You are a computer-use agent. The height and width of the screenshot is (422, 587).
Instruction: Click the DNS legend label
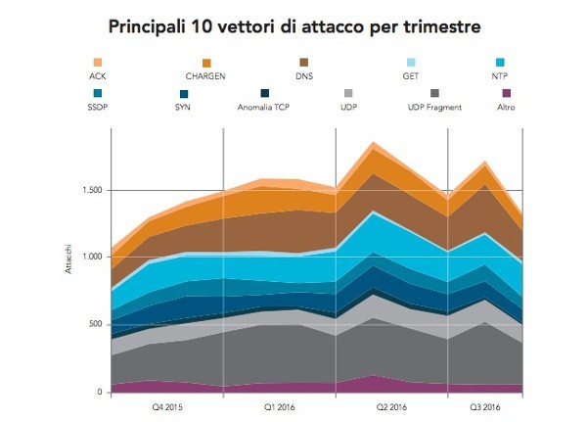click(303, 74)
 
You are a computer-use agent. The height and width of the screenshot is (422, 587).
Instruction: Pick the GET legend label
click(410, 74)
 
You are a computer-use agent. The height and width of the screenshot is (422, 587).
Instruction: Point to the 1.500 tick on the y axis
click(93, 190)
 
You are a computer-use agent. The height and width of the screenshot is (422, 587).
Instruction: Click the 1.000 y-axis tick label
click(93, 258)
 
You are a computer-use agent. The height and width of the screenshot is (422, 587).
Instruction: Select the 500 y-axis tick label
click(96, 324)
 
